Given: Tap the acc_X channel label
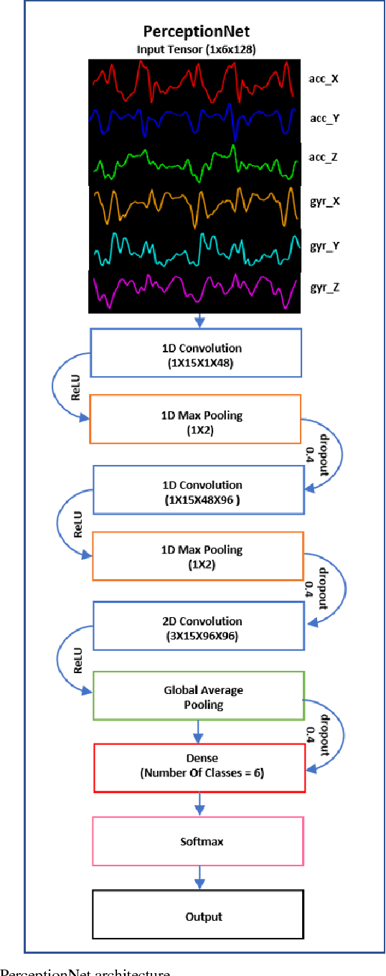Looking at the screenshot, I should [x=324, y=78].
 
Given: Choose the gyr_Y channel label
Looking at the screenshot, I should [x=324, y=245].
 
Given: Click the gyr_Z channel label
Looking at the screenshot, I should [x=324, y=287].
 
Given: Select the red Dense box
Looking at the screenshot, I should [x=200, y=766].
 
